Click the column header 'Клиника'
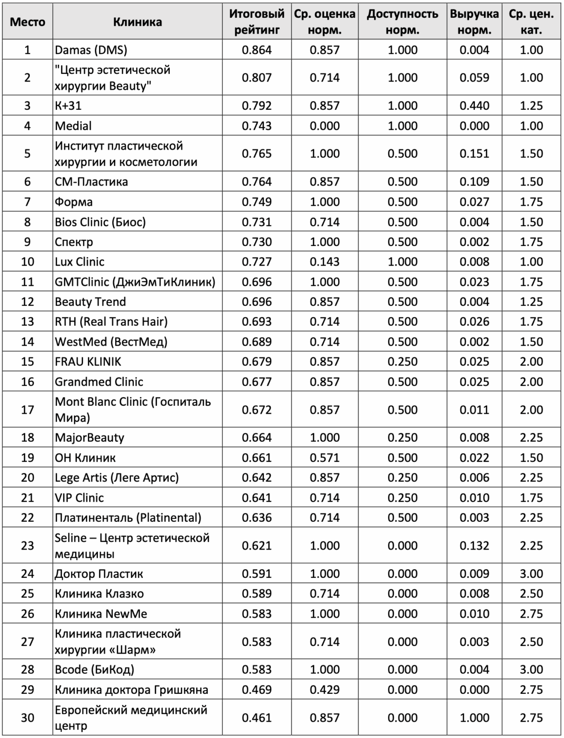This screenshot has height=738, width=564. [138, 22]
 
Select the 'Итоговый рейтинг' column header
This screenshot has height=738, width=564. [257, 22]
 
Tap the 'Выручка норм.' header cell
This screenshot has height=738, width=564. [474, 22]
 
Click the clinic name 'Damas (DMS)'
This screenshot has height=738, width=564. [91, 50]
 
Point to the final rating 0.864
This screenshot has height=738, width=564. [257, 50]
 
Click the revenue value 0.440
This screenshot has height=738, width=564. [474, 105]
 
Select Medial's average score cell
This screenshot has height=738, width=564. [325, 126]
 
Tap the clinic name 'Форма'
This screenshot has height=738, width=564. [74, 202]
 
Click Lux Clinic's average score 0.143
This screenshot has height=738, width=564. [325, 262]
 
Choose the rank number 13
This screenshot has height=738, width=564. [27, 322]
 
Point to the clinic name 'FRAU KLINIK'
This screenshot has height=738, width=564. [88, 362]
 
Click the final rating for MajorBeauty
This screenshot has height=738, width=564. [257, 437]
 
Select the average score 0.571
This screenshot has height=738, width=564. [325, 457]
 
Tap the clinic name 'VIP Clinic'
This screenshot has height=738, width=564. [80, 498]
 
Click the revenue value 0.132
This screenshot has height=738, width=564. [474, 546]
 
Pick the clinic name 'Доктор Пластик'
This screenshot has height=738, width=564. [99, 574]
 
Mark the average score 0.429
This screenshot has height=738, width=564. [325, 690]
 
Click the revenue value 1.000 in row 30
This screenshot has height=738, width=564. [474, 718]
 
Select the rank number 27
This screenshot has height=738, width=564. [27, 642]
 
